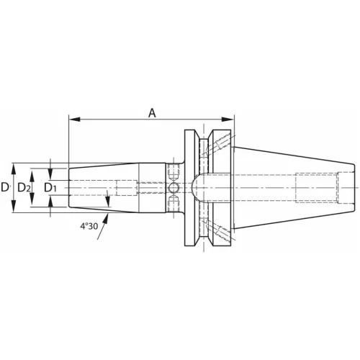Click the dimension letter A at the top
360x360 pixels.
[x=151, y=112]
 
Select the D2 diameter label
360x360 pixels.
[x=23, y=187]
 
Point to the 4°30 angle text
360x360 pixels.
[x=90, y=226]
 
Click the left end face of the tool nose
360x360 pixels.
[x=70, y=187]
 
